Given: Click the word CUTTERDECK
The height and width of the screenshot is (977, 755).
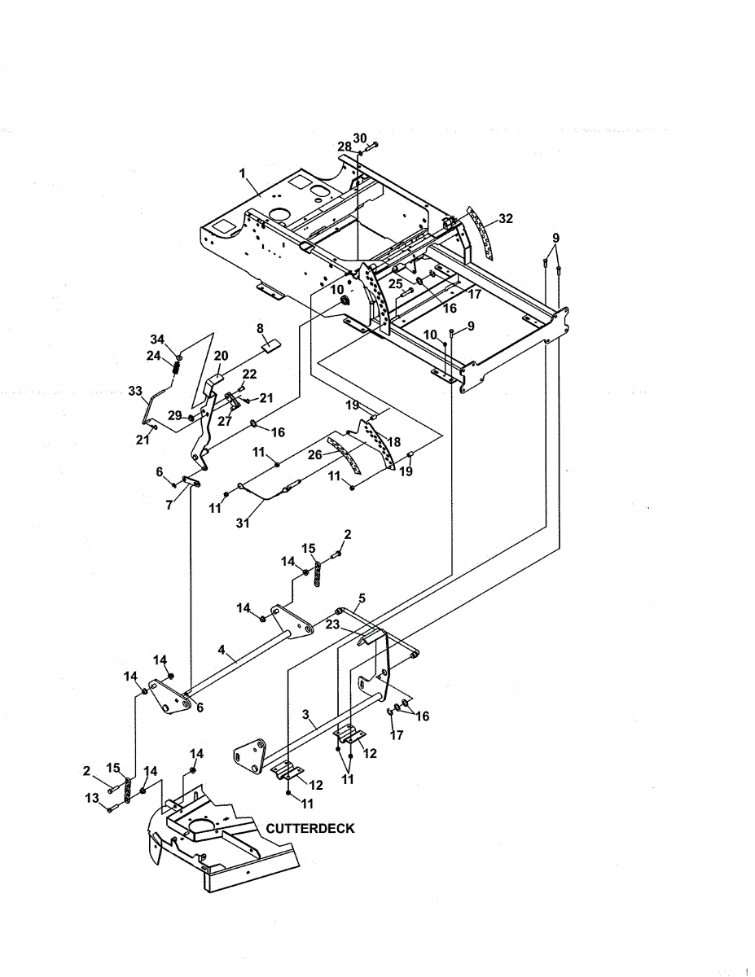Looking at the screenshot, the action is coord(309,828).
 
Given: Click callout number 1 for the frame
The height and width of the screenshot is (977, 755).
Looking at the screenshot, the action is coord(243,173).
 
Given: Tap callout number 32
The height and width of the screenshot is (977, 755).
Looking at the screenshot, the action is coord(506,218).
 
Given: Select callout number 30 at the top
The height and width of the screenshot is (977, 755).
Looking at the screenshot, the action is coord(360,138).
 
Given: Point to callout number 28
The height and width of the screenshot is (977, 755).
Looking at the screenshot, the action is coord(345,147).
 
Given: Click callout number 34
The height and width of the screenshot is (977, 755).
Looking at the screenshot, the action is coord(157,339).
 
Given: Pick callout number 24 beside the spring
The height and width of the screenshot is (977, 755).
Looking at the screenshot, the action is coord(154,356).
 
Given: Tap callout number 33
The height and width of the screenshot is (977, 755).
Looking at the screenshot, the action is coord(135,391).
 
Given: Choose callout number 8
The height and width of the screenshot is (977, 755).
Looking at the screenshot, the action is coord(260,329).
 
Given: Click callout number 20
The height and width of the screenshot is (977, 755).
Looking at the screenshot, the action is coord(221,356).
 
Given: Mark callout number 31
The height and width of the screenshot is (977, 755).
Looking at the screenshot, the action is coord(243,523).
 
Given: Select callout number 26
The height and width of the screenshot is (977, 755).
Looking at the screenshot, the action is coord(315,455).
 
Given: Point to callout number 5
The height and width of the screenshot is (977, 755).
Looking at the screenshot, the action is coord(362,598).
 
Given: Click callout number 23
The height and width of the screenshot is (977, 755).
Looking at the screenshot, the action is coord(332,624).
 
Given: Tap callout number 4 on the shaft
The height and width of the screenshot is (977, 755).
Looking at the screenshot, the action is coord(222,650).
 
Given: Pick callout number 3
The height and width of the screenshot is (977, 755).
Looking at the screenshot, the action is coord(305,714).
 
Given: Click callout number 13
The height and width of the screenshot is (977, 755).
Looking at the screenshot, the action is coord(92,798).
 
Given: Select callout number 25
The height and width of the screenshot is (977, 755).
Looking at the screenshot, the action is coord(396,283).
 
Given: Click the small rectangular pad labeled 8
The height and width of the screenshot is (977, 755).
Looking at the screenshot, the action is coord(270,346).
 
